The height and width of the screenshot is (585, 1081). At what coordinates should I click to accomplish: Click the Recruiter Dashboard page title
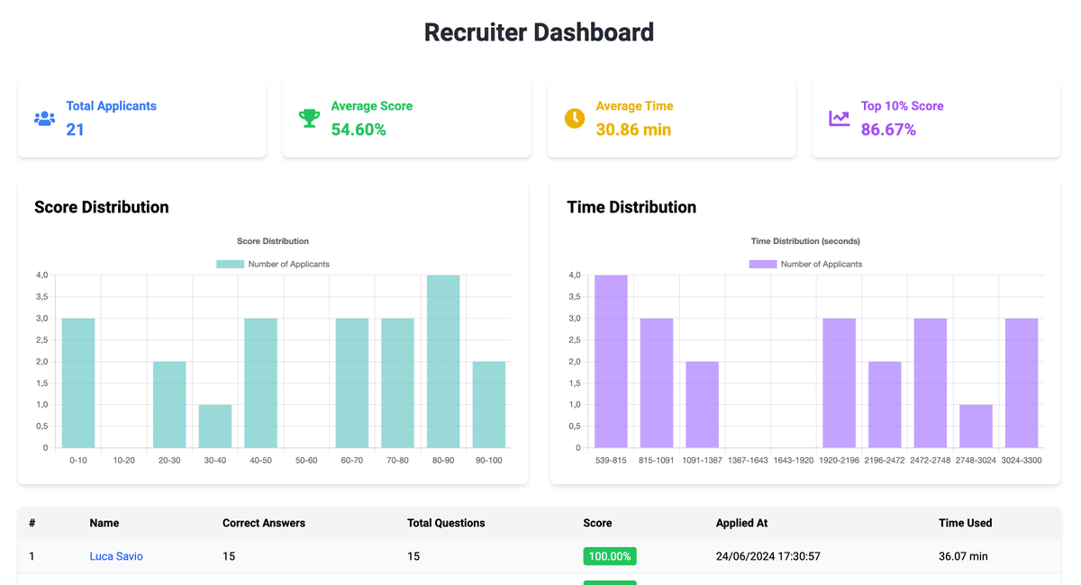point(539,32)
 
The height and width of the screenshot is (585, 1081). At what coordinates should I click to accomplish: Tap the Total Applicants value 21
point(75,130)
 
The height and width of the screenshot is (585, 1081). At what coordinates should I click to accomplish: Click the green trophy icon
point(309,118)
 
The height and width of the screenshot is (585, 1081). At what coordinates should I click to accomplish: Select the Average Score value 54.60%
point(359,130)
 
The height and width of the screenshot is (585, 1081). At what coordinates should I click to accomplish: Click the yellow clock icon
point(574,118)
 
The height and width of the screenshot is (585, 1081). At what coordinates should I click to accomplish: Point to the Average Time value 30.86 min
point(633,130)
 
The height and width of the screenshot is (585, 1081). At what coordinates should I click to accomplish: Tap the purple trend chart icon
point(839,118)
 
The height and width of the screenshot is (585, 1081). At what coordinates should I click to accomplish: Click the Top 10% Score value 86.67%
point(888,130)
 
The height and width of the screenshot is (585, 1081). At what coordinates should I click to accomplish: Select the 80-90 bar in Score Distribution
point(443,361)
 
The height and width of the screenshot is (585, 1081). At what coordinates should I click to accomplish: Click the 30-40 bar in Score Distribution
point(215,426)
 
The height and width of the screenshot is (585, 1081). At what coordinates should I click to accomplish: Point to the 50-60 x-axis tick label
point(306,460)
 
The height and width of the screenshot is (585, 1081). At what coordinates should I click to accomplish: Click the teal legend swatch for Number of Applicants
point(230,264)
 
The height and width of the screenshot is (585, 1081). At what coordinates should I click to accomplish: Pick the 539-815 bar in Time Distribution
point(611,361)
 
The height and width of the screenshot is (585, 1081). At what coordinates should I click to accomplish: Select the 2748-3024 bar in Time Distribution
point(976,426)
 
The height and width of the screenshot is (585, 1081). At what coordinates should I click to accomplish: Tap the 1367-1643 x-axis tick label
point(748,460)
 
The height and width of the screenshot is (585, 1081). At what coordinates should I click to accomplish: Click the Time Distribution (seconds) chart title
point(805,241)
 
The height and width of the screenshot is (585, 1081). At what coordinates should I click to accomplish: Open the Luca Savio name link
point(116,556)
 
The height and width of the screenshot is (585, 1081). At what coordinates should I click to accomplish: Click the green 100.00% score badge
point(610,556)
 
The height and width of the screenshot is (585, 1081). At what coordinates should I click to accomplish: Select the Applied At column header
point(741,523)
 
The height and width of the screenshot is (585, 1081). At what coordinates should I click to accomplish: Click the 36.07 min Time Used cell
point(963,556)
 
